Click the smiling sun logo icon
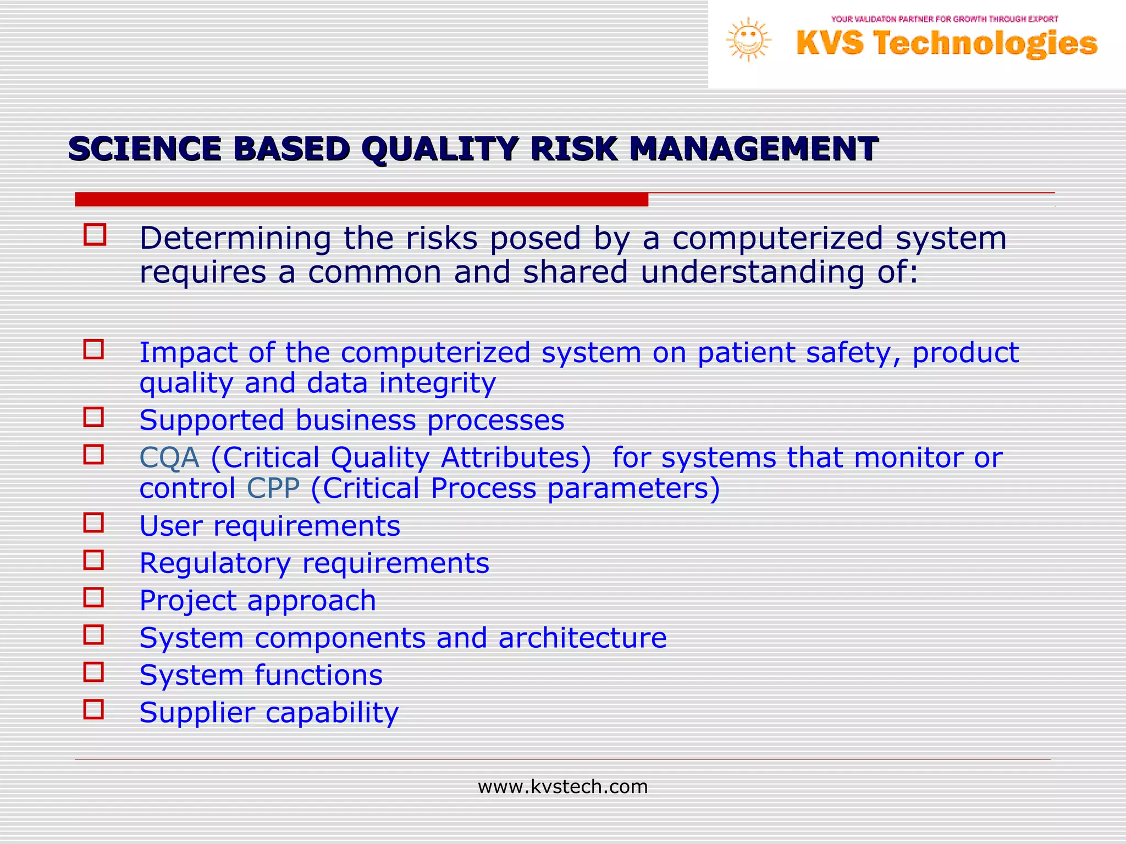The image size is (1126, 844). point(748,40)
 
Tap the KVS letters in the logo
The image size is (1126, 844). point(830,43)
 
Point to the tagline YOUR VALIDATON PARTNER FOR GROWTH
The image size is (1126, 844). point(944,19)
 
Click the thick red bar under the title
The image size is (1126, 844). point(361,199)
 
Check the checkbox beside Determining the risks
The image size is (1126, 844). point(95,235)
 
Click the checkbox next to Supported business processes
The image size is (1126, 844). point(93,417)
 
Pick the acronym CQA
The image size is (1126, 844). point(169,458)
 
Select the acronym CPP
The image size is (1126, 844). point(273,488)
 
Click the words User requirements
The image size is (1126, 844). point(269,526)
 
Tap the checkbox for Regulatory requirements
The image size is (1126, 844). point(93,560)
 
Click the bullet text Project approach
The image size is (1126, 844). point(257,601)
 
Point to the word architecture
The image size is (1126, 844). point(582,638)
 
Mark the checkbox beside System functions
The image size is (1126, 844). point(93,672)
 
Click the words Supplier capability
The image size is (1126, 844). point(269,713)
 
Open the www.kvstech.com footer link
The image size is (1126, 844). point(562,787)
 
